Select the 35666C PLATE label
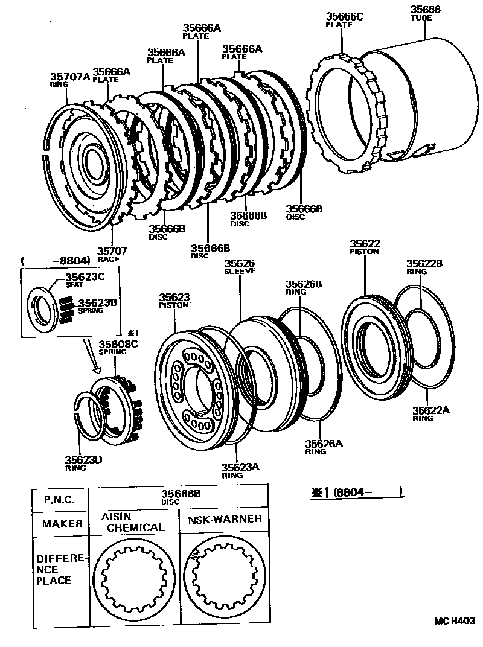[345, 20]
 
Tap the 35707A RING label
[69, 80]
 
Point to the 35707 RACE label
[109, 254]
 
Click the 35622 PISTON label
[364, 247]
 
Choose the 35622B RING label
[424, 267]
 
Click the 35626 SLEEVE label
[240, 267]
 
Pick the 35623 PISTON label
[174, 300]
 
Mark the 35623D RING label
[83, 463]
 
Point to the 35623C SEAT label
[85, 281]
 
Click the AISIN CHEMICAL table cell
[133, 523]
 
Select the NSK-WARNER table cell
[223, 519]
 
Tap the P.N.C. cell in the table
[59, 500]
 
